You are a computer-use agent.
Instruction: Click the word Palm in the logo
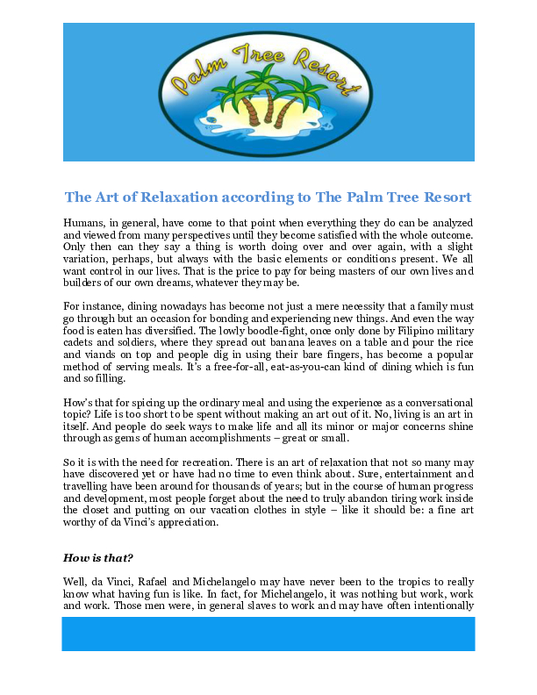coord(195,77)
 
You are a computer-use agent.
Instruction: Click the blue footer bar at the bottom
coord(268,633)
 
